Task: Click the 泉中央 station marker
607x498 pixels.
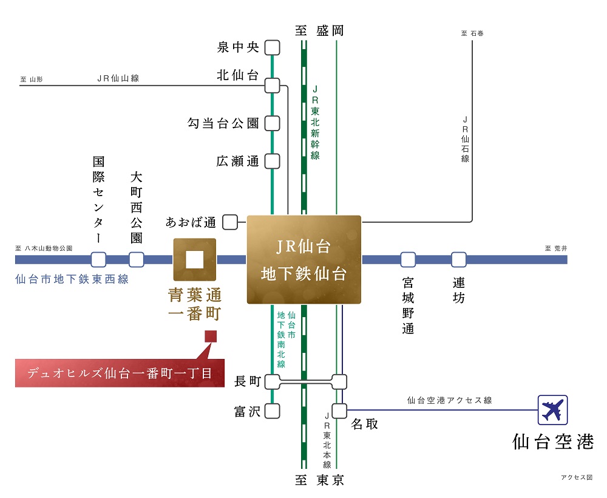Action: tap(272, 47)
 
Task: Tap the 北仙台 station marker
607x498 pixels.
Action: tap(272, 86)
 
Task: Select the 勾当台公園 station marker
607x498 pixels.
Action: tap(272, 123)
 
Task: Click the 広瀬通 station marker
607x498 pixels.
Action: tap(272, 161)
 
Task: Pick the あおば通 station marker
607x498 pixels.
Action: tap(230, 222)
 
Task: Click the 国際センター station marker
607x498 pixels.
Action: tap(98, 259)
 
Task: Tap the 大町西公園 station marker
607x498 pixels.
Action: tap(136, 259)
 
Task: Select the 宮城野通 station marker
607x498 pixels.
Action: tap(408, 259)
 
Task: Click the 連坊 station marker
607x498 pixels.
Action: tap(459, 259)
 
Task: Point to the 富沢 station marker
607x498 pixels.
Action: tap(272, 411)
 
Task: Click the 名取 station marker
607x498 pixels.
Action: tap(339, 411)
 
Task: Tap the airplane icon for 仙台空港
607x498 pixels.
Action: tap(552, 410)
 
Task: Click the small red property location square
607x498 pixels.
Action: tap(211, 336)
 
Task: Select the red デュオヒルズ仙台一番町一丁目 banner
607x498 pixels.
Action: tap(120, 373)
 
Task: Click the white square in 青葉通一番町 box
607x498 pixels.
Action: tap(194, 259)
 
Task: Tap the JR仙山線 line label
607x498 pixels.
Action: tap(118, 78)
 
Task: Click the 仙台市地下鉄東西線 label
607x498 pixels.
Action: tap(72, 279)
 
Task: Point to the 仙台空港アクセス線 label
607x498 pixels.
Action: tap(449, 400)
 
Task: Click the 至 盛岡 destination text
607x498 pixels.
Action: tap(319, 30)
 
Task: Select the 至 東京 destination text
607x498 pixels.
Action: tap(319, 480)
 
